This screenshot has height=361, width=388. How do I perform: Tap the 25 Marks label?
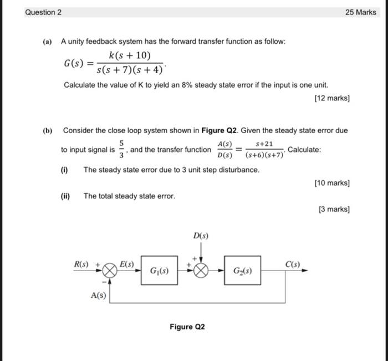pyautogui.click(x=360, y=12)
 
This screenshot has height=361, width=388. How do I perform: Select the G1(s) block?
pyautogui.click(x=159, y=271)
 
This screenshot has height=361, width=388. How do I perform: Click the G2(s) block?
pyautogui.click(x=242, y=271)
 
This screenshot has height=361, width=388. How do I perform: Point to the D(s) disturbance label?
pyautogui.click(x=201, y=236)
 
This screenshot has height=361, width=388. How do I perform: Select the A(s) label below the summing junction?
pyautogui.click(x=98, y=296)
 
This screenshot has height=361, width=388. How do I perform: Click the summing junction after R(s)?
pyautogui.click(x=110, y=271)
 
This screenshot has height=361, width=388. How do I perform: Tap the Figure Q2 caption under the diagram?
pyautogui.click(x=187, y=327)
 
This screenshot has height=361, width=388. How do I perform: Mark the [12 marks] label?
pyautogui.click(x=331, y=98)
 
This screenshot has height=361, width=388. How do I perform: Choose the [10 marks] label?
pyautogui.click(x=331, y=182)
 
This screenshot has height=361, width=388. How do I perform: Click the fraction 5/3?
pyautogui.click(x=121, y=150)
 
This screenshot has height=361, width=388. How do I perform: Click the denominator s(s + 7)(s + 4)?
pyautogui.click(x=130, y=70)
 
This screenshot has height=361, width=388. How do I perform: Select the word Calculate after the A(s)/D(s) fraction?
pyautogui.click(x=304, y=150)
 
